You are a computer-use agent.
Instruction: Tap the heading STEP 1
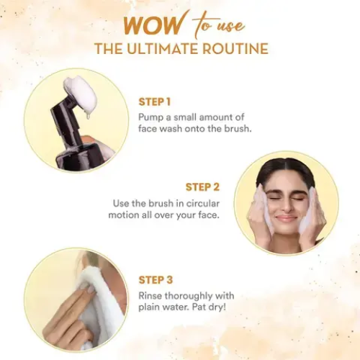coord(156,102)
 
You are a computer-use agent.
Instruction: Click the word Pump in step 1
coord(151,116)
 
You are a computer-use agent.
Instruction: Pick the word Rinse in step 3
coord(151,295)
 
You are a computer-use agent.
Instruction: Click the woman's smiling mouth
coord(286,217)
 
